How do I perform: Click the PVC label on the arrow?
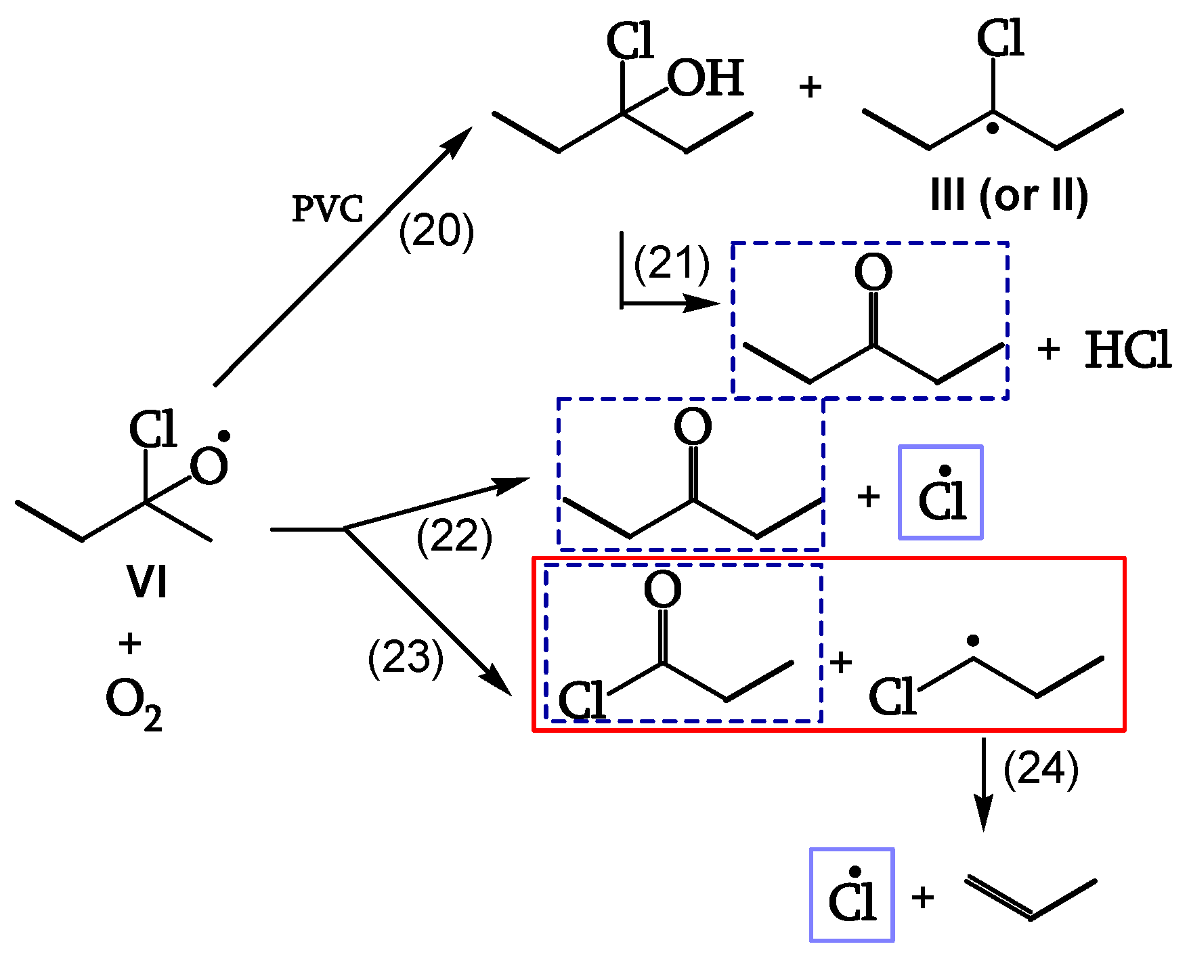click(x=328, y=209)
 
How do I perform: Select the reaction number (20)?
click(x=436, y=232)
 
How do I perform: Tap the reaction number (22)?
click(x=454, y=536)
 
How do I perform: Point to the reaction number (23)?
click(x=406, y=657)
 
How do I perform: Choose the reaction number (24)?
click(x=1041, y=770)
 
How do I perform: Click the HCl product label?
click(x=1127, y=351)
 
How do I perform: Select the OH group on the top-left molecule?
click(x=706, y=79)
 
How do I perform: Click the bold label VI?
click(x=147, y=582)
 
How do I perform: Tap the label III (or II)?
click(x=1009, y=196)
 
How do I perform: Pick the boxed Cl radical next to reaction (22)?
click(x=941, y=493)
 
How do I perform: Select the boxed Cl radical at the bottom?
click(x=852, y=895)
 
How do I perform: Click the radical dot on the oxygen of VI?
click(x=225, y=436)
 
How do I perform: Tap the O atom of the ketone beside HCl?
click(x=873, y=273)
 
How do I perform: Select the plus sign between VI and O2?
click(x=129, y=643)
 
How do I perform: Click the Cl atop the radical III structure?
click(x=1000, y=39)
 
